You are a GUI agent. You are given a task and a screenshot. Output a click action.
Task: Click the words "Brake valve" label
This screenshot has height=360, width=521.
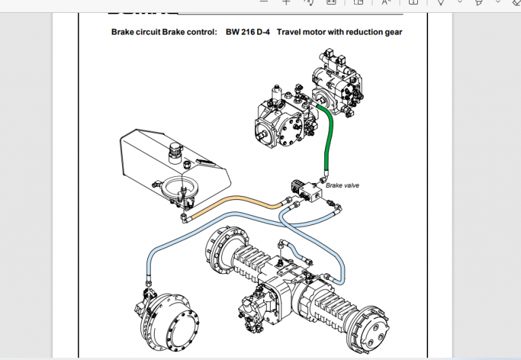point(342,185)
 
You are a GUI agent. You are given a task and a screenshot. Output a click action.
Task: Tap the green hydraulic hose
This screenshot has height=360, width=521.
point(331,136)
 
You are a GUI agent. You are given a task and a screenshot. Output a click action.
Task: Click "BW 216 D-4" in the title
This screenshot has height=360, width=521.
point(248,32)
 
